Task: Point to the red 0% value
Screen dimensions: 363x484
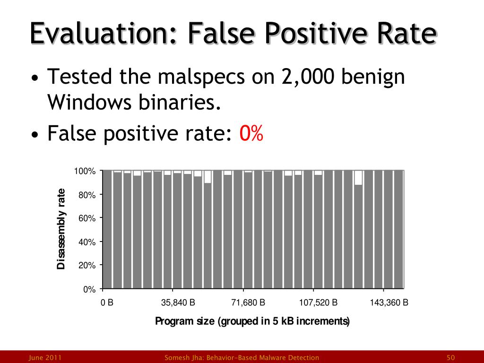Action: (251, 134)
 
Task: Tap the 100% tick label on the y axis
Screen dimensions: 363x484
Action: (85, 171)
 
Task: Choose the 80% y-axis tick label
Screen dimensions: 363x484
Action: (87, 195)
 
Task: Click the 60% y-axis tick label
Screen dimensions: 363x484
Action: (87, 218)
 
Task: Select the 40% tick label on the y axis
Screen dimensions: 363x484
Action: (87, 242)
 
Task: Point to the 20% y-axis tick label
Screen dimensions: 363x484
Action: (87, 266)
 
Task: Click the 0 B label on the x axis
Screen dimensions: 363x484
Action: (107, 303)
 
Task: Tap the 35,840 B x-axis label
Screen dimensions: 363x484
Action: (178, 303)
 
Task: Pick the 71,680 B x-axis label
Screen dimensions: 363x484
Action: (248, 303)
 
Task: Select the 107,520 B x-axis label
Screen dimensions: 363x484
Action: (319, 303)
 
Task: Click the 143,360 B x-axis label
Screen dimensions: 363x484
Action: (389, 303)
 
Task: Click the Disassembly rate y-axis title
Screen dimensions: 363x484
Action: (61, 229)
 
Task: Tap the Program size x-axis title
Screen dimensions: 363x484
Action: (252, 322)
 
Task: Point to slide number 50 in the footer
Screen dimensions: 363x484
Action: (450, 358)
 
